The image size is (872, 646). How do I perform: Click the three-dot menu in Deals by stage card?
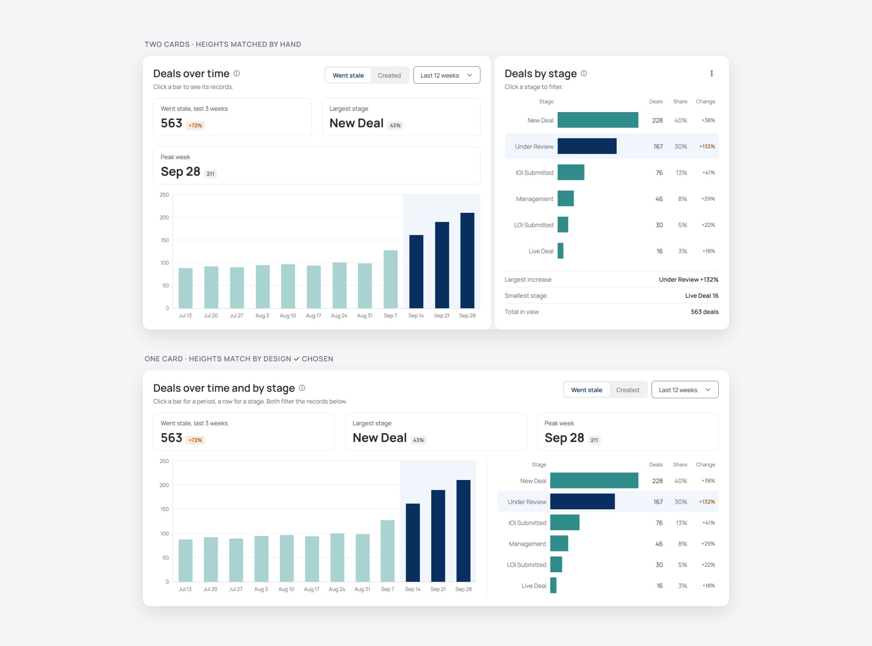click(712, 73)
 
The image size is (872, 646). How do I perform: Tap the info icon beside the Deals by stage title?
click(584, 73)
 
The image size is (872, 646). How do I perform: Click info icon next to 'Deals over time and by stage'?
click(302, 388)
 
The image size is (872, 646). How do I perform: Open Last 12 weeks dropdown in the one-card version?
click(685, 390)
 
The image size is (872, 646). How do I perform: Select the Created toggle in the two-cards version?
click(389, 75)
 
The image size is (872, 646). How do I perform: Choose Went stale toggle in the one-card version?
click(586, 390)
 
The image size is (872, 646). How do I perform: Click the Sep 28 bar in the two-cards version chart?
click(467, 261)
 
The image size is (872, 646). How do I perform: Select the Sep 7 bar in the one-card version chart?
click(387, 551)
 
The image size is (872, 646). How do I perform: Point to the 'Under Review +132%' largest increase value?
click(689, 279)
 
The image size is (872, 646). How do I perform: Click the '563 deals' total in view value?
click(705, 312)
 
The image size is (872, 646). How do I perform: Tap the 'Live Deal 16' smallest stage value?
click(702, 296)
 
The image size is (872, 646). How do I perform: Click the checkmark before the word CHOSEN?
click(296, 359)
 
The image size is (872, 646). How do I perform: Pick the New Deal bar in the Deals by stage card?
click(598, 120)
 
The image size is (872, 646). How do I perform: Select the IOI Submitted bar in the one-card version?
click(565, 523)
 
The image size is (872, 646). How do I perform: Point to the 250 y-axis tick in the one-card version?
click(164, 461)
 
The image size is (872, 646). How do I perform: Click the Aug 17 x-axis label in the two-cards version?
click(314, 315)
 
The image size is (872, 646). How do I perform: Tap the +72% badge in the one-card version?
click(195, 440)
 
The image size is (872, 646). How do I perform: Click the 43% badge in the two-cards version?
click(395, 125)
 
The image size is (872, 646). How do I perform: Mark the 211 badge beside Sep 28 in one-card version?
click(594, 440)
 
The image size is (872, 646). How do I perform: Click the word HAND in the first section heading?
click(290, 44)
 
